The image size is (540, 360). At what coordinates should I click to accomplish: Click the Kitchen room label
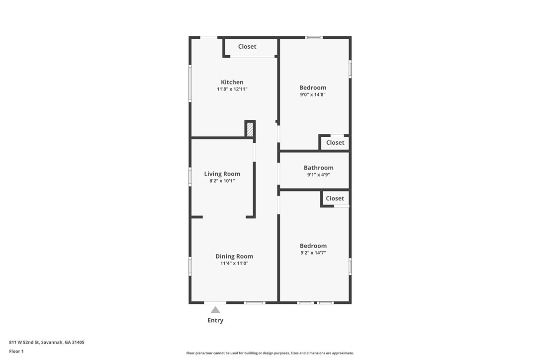232,82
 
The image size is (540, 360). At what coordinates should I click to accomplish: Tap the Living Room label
222,174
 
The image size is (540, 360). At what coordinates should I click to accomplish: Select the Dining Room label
234,256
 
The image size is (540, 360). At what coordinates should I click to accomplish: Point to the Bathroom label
318,168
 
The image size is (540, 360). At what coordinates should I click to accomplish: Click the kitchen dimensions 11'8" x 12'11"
232,90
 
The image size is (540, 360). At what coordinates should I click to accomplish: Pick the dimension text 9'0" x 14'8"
313,94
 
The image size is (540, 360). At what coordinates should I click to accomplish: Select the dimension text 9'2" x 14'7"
313,253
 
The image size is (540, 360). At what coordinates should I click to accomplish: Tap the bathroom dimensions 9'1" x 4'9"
318,175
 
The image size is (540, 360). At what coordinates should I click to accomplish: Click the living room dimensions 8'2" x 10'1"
222,181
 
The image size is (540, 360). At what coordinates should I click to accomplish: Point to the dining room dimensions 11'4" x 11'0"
234,264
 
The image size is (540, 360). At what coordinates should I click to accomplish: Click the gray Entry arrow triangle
215,310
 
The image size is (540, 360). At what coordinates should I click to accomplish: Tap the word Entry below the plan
215,320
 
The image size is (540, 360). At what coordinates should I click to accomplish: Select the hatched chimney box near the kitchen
250,129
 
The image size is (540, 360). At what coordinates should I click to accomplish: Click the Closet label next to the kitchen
247,46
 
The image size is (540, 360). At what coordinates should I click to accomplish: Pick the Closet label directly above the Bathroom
335,142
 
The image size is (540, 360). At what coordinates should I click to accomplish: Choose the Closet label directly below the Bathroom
335,198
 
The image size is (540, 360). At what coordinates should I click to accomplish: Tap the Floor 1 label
16,351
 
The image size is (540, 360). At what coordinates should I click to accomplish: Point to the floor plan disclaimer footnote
270,353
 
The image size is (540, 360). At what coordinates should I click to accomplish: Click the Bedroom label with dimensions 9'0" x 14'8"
313,88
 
